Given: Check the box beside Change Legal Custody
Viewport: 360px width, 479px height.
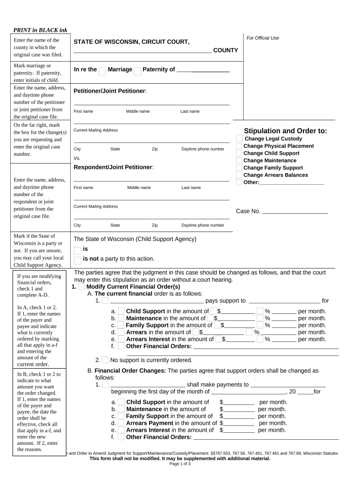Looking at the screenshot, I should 239,138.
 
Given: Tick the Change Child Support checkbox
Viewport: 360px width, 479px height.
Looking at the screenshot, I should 239,153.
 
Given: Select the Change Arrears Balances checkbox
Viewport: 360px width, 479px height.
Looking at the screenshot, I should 239,175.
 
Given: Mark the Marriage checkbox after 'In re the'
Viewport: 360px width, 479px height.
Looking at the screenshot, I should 102,71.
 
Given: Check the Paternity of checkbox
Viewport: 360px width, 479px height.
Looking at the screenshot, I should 137,71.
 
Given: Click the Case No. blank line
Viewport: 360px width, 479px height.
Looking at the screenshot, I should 295,211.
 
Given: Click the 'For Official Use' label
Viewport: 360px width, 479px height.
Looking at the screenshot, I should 263,38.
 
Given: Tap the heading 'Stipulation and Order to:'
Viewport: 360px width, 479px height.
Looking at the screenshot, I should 285,131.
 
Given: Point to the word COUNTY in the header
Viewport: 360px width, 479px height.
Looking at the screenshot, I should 225,50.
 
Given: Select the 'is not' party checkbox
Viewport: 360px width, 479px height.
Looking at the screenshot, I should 78,260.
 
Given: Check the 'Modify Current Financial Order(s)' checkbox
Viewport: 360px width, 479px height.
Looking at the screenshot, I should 81,287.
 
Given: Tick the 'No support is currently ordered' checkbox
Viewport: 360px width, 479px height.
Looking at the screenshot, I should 105,360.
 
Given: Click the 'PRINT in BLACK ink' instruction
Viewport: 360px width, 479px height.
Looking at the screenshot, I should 40,30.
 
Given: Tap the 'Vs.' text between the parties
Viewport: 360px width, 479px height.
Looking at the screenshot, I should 77,158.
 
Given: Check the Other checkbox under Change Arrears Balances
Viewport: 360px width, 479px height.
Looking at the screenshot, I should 239,182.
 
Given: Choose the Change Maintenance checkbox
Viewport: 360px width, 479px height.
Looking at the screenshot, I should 239,160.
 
